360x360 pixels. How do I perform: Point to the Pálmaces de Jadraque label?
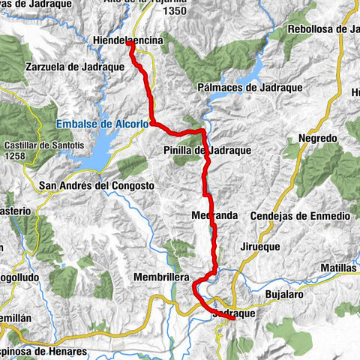tap(250, 88)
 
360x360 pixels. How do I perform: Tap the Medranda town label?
tap(214, 215)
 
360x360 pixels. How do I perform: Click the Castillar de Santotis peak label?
tap(30, 144)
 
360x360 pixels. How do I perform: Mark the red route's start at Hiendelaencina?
tap(130, 43)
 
